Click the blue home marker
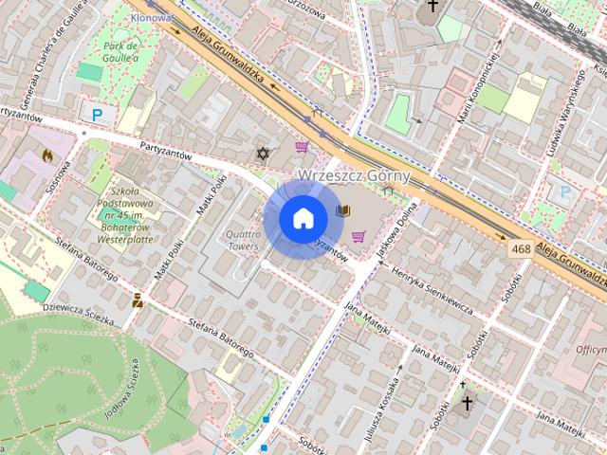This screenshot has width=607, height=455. [303, 218]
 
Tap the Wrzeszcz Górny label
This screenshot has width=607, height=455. [354, 175]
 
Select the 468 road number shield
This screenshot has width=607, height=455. [519, 248]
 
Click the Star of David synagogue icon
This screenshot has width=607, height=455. [263, 154]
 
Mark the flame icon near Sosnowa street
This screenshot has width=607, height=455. [47, 154]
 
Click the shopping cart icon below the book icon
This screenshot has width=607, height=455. [359, 236]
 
